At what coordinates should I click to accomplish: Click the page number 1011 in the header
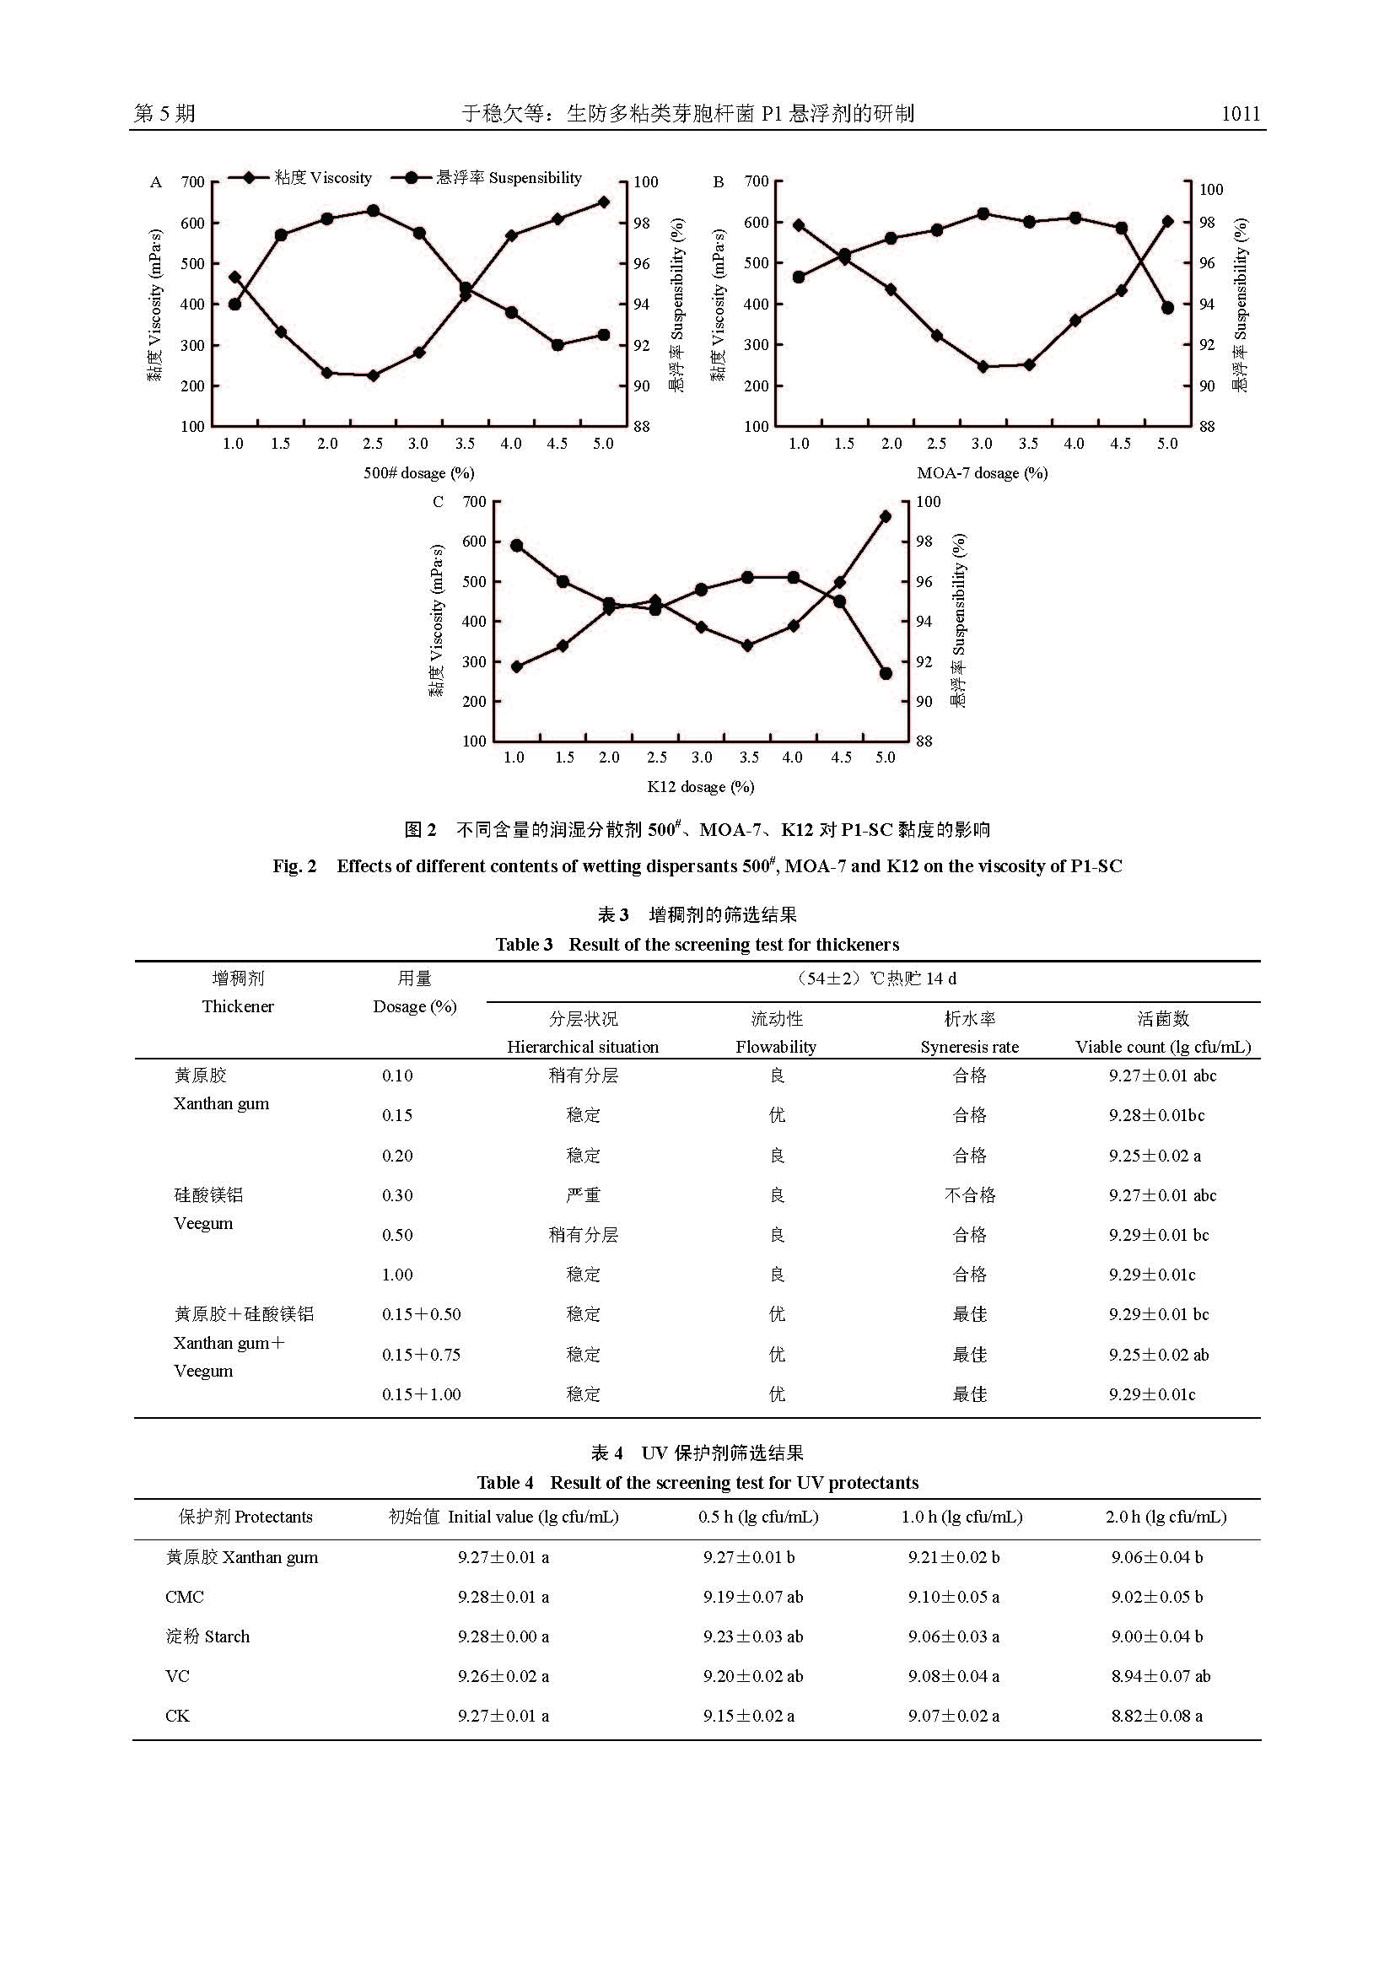click(x=1241, y=113)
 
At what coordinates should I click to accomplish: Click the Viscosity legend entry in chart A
click(x=300, y=178)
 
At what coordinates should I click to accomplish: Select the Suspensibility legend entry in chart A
click(x=487, y=178)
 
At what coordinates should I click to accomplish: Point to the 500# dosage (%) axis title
click(x=418, y=472)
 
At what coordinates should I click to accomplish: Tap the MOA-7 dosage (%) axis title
click(x=982, y=472)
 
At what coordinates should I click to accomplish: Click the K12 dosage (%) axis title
click(x=700, y=786)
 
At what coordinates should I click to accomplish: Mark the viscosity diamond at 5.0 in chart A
click(x=604, y=202)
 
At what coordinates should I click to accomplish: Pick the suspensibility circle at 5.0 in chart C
click(x=886, y=674)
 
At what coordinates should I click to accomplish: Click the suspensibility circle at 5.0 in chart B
click(x=1167, y=308)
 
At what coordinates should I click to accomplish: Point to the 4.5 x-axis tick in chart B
click(x=1120, y=444)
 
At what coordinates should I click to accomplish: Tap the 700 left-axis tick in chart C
click(x=474, y=501)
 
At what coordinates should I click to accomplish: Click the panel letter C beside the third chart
click(x=438, y=502)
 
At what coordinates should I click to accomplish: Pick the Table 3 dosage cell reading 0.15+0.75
click(x=421, y=1356)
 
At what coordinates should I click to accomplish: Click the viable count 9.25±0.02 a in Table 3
click(x=1155, y=1156)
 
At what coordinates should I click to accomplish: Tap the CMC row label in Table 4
click(x=185, y=1598)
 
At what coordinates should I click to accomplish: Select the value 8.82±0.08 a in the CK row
click(x=1156, y=1716)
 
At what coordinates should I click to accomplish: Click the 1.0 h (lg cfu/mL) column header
click(x=961, y=1517)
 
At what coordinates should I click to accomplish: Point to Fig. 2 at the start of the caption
click(x=294, y=866)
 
